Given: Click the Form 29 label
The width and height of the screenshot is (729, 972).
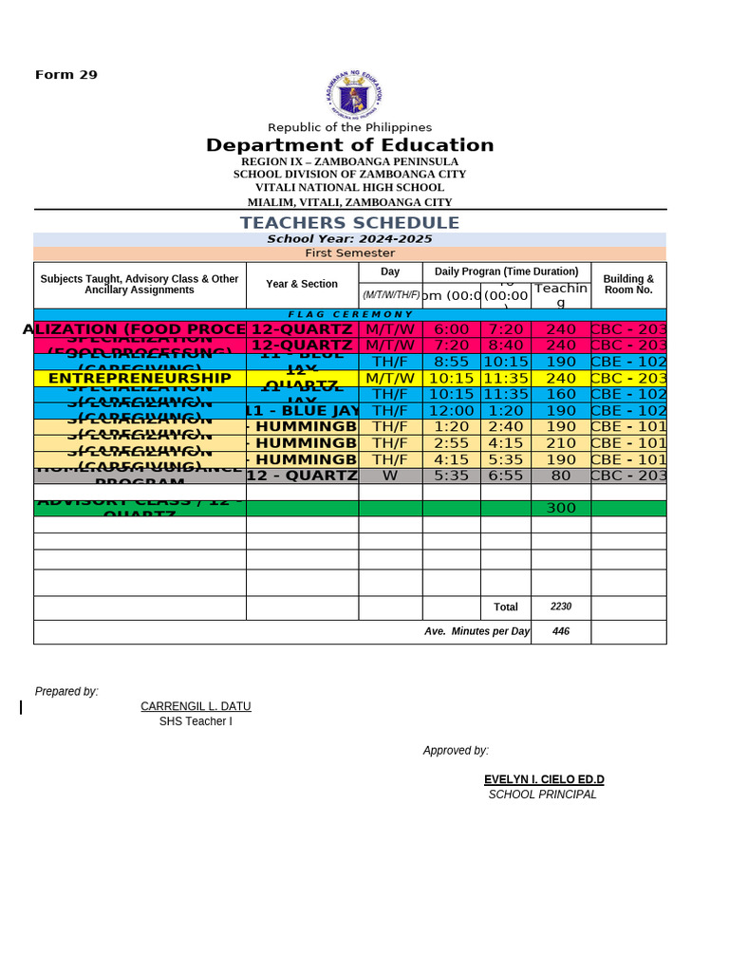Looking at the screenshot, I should tap(66, 75).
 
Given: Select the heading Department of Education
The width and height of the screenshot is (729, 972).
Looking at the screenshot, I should tap(349, 145).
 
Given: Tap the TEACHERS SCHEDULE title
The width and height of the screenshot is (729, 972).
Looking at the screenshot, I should tap(349, 223).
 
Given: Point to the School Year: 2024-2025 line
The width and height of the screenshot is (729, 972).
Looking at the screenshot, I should tap(349, 239).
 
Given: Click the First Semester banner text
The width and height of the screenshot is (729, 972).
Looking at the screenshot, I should tap(349, 253).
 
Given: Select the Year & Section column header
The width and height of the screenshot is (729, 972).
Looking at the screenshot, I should tap(302, 284).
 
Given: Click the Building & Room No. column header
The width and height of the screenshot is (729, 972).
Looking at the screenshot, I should tap(628, 284).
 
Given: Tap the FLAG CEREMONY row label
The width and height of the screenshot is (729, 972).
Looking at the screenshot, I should tap(350, 314).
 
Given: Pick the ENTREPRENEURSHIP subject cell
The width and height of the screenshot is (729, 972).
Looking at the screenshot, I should tap(140, 378).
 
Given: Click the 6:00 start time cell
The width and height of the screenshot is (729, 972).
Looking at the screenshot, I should tap(451, 329).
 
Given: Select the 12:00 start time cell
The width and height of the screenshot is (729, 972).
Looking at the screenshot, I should tap(451, 411).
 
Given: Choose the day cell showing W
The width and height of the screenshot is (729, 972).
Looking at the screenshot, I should tap(390, 476).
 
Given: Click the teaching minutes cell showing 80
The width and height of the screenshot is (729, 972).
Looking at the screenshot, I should tap(560, 476).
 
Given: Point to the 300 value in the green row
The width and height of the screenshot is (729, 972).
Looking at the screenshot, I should tap(560, 509).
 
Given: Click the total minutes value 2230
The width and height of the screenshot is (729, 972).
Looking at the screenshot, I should tap(560, 607).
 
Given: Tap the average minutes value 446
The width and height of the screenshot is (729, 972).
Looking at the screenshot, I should tap(560, 631).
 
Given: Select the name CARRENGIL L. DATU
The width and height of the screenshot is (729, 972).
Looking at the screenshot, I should tap(196, 706).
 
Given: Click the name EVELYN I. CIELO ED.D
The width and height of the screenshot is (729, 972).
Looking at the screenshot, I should tap(544, 779).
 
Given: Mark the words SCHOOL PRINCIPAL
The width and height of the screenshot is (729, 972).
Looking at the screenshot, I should tap(542, 794).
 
